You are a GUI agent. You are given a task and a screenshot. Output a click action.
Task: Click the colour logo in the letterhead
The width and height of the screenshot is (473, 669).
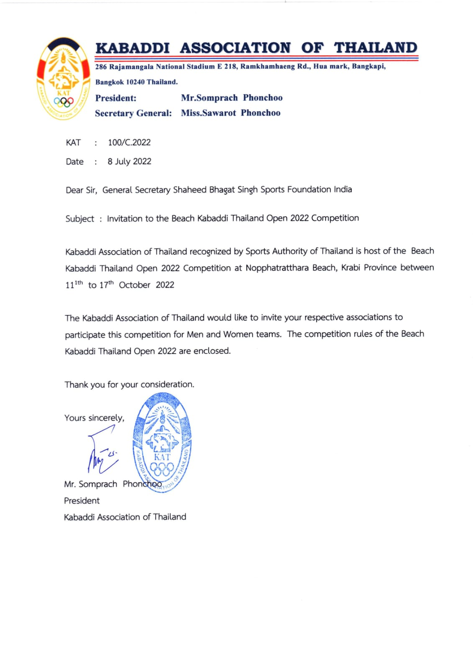tap(63, 79)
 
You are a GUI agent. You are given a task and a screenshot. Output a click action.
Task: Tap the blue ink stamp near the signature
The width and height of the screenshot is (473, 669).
tap(162, 443)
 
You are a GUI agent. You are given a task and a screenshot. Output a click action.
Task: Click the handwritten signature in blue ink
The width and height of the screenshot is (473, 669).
tap(102, 450)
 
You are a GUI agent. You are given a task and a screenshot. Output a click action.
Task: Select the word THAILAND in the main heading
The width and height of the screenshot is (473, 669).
tap(375, 48)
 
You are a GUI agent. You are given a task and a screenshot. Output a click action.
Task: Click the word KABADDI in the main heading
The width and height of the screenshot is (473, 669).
tap(132, 48)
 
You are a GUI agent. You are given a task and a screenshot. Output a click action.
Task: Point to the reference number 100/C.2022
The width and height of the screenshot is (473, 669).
tap(129, 143)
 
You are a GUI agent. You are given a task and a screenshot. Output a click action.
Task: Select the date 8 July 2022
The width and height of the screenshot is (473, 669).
tap(129, 161)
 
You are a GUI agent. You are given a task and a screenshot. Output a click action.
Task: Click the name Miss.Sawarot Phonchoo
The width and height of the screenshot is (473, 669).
tap(230, 113)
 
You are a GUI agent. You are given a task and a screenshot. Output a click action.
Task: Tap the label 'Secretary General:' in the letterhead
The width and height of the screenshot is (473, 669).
tap(133, 113)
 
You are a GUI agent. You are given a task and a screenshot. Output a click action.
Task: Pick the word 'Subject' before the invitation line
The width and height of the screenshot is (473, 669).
tap(79, 219)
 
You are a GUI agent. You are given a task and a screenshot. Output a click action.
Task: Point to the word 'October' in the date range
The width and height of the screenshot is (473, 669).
tap(135, 285)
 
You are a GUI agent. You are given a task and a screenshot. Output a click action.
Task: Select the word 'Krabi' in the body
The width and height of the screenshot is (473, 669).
tap(350, 268)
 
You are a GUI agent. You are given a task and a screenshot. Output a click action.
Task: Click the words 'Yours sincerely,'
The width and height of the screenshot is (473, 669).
tap(94, 418)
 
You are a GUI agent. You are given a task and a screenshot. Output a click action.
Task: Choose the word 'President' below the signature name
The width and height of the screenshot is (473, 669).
tap(82, 501)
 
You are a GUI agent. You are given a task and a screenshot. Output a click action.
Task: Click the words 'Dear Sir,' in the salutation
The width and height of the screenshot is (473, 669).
tap(81, 190)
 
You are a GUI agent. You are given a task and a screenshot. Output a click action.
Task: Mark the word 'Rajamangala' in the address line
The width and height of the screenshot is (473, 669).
tap(131, 67)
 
